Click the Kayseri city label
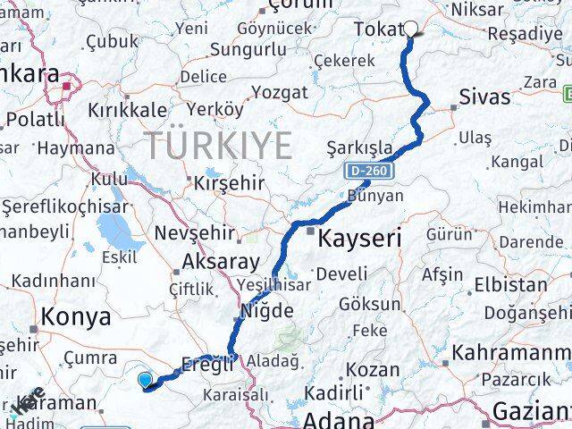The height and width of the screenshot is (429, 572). [360, 238]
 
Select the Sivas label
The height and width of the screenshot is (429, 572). [484, 97]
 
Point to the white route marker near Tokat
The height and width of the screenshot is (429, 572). [411, 27]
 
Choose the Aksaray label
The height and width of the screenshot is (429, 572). [220, 263]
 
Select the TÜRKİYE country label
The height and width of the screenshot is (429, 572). [219, 143]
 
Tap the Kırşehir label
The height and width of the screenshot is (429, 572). [230, 183]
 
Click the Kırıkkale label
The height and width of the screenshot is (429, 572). [127, 110]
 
